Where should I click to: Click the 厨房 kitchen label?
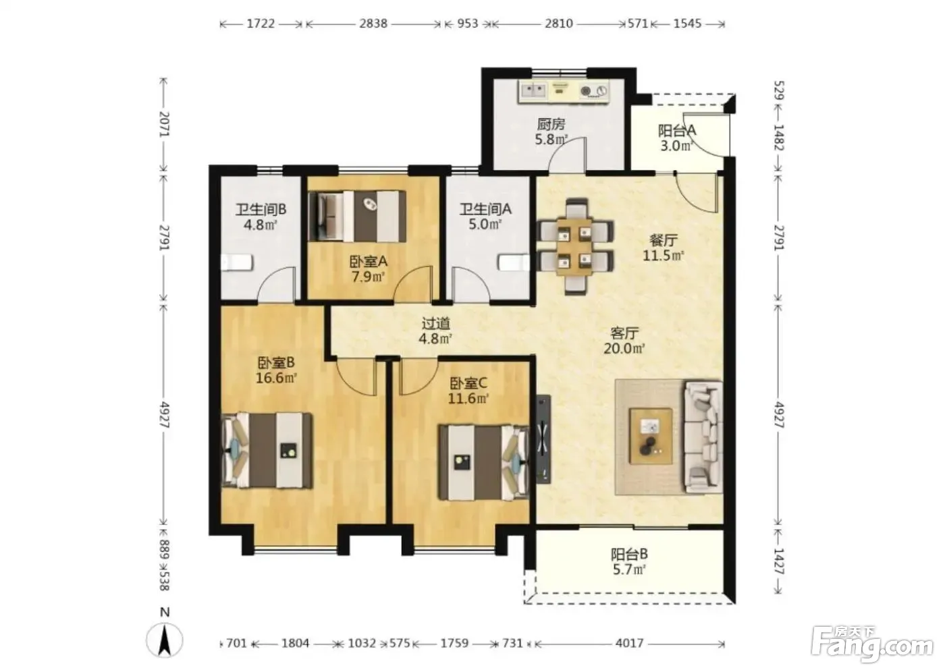[551, 124]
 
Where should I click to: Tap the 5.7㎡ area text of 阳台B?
[629, 569]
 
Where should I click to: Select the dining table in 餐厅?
[574, 247]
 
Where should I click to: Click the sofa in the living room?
[703, 437]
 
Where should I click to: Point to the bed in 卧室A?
[357, 217]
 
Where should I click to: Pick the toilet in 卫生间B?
[237, 262]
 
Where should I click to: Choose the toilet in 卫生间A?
[514, 262]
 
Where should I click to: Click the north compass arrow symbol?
[165, 640]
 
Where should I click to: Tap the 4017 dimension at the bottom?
[629, 644]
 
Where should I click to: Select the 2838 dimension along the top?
[373, 24]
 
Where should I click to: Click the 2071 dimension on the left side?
[165, 124]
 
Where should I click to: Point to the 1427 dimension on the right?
[779, 561]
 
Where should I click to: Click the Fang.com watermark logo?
[872, 648]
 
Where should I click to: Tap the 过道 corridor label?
[436, 324]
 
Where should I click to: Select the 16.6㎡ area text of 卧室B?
[276, 378]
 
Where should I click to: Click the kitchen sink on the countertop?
[534, 90]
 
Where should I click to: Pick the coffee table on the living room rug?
[651, 437]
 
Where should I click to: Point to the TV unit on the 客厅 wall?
[543, 439]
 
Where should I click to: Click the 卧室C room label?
[468, 383]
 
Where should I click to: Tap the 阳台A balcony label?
[677, 131]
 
